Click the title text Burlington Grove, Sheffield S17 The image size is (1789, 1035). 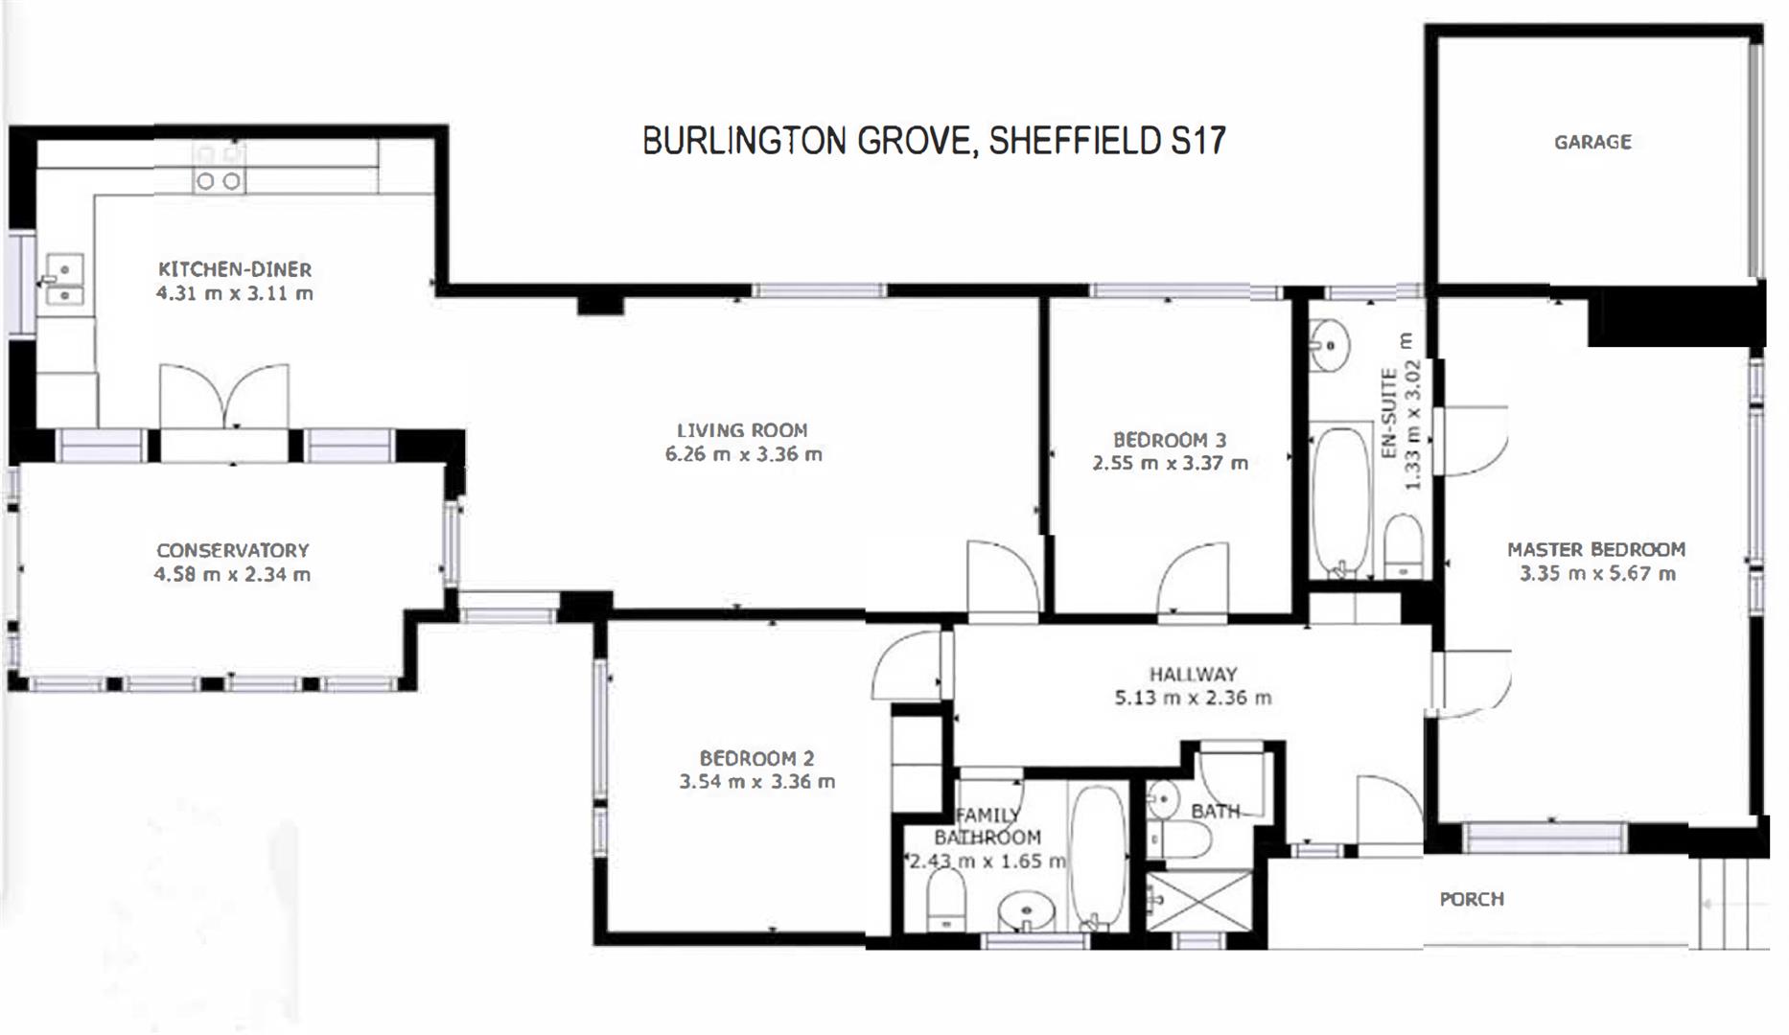[934, 141]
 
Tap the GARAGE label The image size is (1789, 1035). [1592, 142]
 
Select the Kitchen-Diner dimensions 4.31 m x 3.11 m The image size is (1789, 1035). [235, 293]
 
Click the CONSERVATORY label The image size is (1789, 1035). [233, 550]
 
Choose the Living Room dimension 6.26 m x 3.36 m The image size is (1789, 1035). [744, 454]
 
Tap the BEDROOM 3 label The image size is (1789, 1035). [1170, 440]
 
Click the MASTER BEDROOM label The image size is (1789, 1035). [1596, 549]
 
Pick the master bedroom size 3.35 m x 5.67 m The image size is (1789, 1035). [1597, 574]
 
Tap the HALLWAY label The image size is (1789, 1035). [1193, 674]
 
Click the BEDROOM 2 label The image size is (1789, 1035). [756, 758]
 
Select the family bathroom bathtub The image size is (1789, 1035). [1098, 858]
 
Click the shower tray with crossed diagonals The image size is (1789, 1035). [1199, 900]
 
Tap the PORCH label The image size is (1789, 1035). [1472, 899]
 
